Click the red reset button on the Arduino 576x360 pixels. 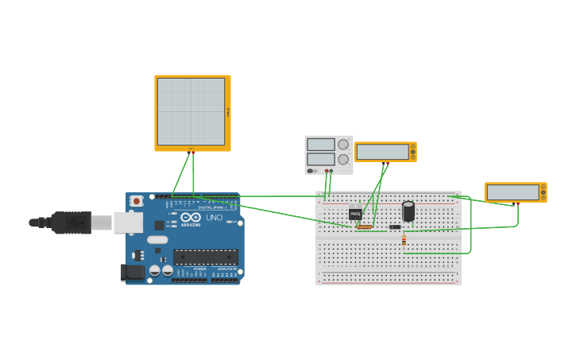pos(137,202)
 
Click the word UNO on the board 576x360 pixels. pos(215,217)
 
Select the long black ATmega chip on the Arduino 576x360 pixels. pos(206,257)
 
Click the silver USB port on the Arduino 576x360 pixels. pos(127,223)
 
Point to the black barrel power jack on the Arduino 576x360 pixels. pos(133,273)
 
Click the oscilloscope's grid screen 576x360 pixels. pos(191,111)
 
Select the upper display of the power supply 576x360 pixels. pos(321,145)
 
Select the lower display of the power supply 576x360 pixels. pos(321,159)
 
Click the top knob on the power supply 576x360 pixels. pos(343,144)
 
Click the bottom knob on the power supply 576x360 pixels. pos(343,159)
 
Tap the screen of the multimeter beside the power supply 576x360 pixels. pos(381,152)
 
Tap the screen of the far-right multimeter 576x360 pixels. pos(512,192)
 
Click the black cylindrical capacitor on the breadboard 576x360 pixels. pos(408,211)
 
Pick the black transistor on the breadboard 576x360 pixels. pos(355,213)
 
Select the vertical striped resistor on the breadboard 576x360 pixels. pos(404,239)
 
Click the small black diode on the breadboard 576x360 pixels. pos(395,227)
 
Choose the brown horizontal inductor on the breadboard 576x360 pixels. pos(365,227)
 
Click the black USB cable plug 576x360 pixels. pos(72,223)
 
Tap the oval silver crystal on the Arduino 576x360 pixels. pos(157,239)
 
